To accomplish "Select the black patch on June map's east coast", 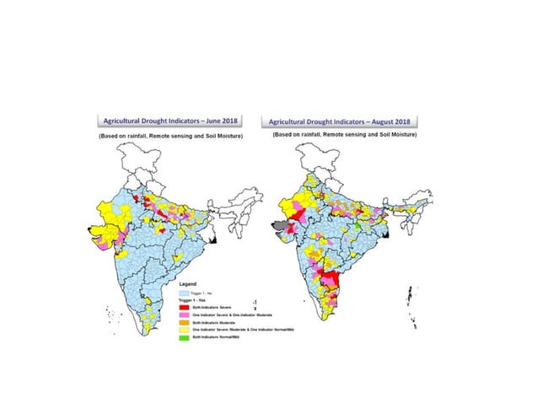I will tap(213, 241).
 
